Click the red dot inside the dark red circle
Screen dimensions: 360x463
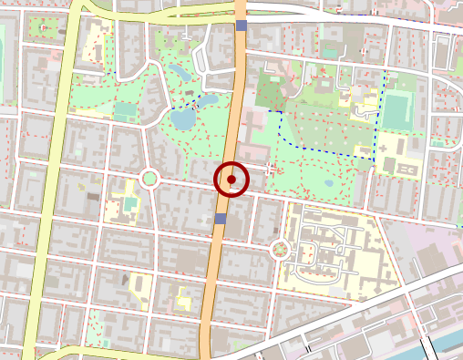(x=231, y=180)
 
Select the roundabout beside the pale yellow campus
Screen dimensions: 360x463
(x=280, y=248)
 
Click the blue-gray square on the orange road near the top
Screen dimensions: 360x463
(x=241, y=26)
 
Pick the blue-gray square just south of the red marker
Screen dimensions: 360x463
(x=220, y=219)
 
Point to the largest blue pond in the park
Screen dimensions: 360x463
(x=183, y=118)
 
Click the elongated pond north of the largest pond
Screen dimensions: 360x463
(x=179, y=69)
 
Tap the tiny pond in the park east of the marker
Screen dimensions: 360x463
(x=328, y=182)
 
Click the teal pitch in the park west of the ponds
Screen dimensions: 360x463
(x=124, y=110)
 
